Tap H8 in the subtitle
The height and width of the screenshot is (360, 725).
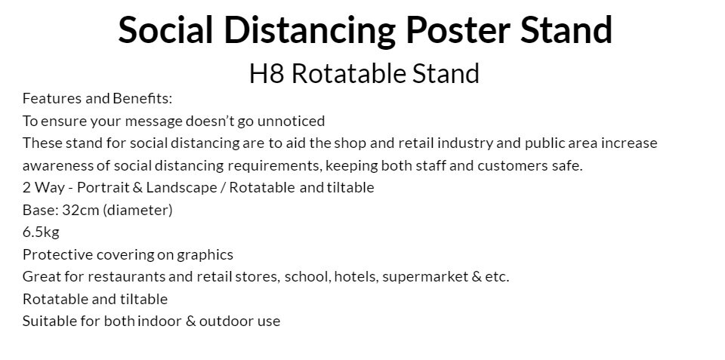[x=267, y=74]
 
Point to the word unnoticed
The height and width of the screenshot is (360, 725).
[x=291, y=121]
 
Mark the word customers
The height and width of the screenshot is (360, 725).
[x=512, y=165]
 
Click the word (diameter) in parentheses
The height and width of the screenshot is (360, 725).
[x=137, y=211]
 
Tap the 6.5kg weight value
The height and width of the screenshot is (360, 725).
[x=41, y=232]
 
